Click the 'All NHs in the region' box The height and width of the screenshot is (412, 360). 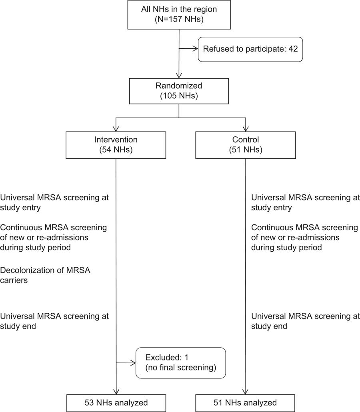coord(179,15)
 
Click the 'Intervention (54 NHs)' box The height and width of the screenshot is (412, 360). coord(116,145)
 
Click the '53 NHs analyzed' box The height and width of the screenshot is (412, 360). coord(116,402)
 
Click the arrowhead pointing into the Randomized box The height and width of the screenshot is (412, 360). coord(179,76)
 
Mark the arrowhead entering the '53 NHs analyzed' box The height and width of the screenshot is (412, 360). coord(116,392)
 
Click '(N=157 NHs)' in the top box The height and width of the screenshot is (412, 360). coord(179,20)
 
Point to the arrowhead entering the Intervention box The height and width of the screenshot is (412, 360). coord(116,128)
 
